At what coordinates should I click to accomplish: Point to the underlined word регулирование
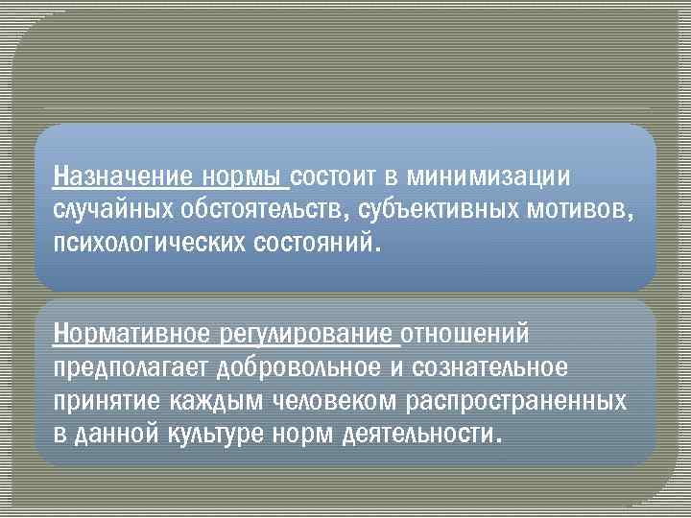pyautogui.click(x=306, y=335)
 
